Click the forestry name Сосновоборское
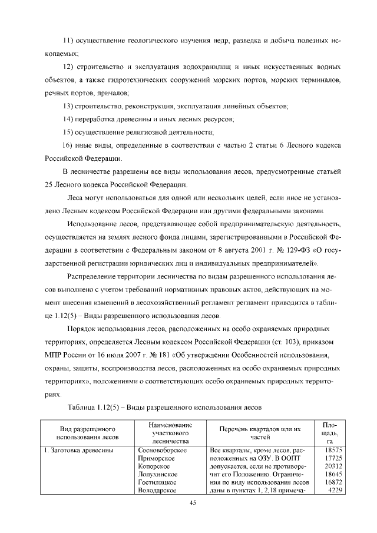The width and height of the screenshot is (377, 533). pyautogui.click(x=161, y=450)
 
